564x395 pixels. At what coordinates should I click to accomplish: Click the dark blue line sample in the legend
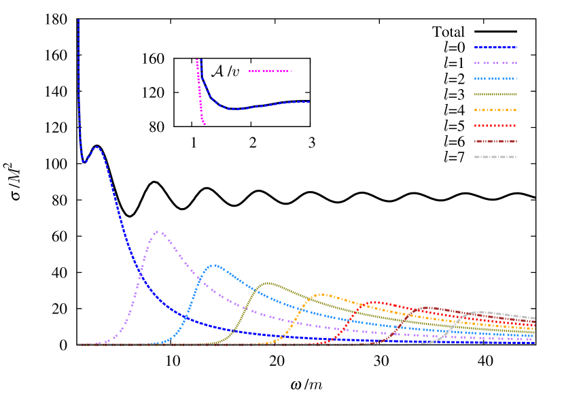coord(495,48)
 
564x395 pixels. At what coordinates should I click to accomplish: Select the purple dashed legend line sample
coord(495,63)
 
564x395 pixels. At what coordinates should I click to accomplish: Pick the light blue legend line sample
coord(495,79)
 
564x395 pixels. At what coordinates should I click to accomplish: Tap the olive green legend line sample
coord(495,95)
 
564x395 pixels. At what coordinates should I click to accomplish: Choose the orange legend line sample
coord(495,110)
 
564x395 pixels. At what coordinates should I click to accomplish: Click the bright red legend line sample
coord(495,126)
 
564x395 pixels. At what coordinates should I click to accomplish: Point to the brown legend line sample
coord(495,141)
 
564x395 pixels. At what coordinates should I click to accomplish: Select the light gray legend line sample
coord(495,157)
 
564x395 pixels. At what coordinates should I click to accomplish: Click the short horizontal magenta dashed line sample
coord(270,71)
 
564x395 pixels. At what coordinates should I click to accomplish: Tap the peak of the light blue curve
coord(215,265)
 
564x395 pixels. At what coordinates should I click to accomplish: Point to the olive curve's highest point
coord(268,283)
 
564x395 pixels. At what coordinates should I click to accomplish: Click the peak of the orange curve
coord(321,294)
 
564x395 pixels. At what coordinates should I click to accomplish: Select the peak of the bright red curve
coord(375,303)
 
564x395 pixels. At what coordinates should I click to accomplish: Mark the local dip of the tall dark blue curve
coord(84,162)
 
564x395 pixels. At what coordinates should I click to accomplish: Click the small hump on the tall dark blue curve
coord(96,147)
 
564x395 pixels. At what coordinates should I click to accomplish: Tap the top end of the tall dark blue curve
coord(78,20)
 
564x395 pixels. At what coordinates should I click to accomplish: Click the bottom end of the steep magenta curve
coord(204,124)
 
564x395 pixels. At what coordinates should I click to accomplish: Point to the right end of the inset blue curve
coord(309,101)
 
